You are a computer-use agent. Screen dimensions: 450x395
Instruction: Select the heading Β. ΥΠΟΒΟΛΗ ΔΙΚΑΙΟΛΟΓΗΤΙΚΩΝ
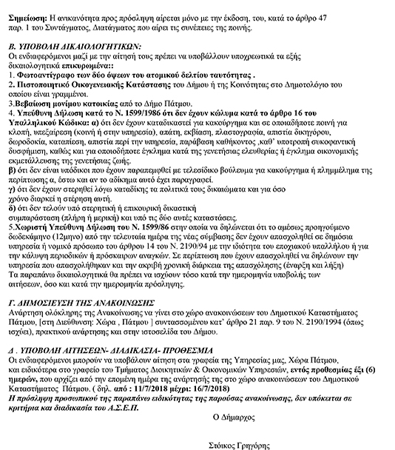75,43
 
